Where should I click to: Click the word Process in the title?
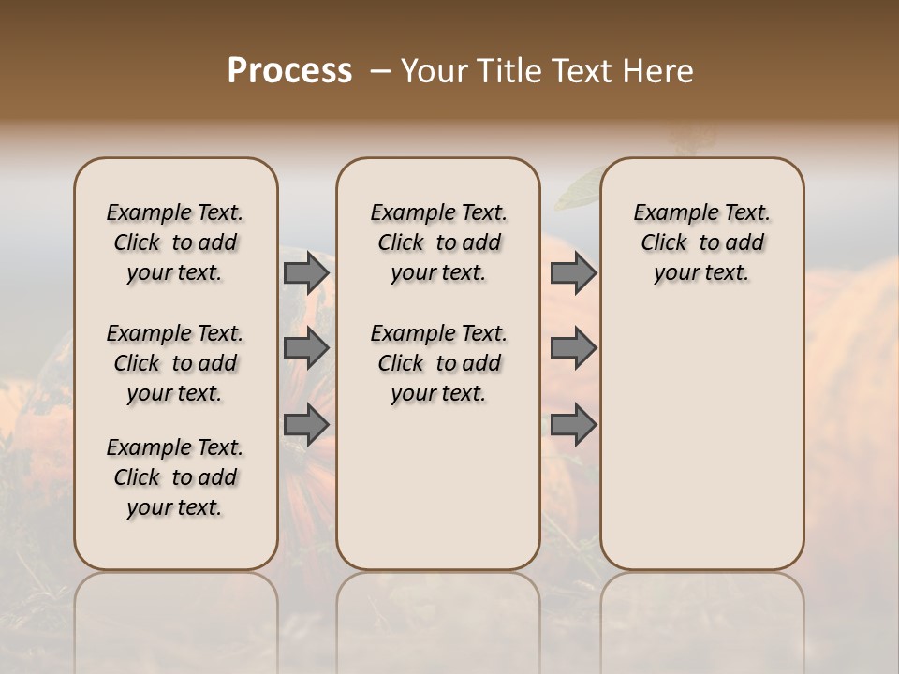tap(289, 71)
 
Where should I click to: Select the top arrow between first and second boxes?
tap(306, 273)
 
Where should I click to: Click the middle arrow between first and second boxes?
tap(306, 348)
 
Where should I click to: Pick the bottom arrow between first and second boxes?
tap(306, 424)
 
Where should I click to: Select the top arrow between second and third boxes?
tap(573, 273)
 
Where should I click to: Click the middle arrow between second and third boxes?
tap(573, 348)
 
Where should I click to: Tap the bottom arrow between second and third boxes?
tap(573, 424)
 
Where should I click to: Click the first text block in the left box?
tap(175, 242)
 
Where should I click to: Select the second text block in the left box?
tap(175, 363)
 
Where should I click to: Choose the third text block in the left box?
tap(175, 477)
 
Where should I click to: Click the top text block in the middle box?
tap(438, 242)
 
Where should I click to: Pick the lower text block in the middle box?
tap(438, 363)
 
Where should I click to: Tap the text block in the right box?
tap(701, 242)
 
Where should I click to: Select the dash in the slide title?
tap(380, 71)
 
